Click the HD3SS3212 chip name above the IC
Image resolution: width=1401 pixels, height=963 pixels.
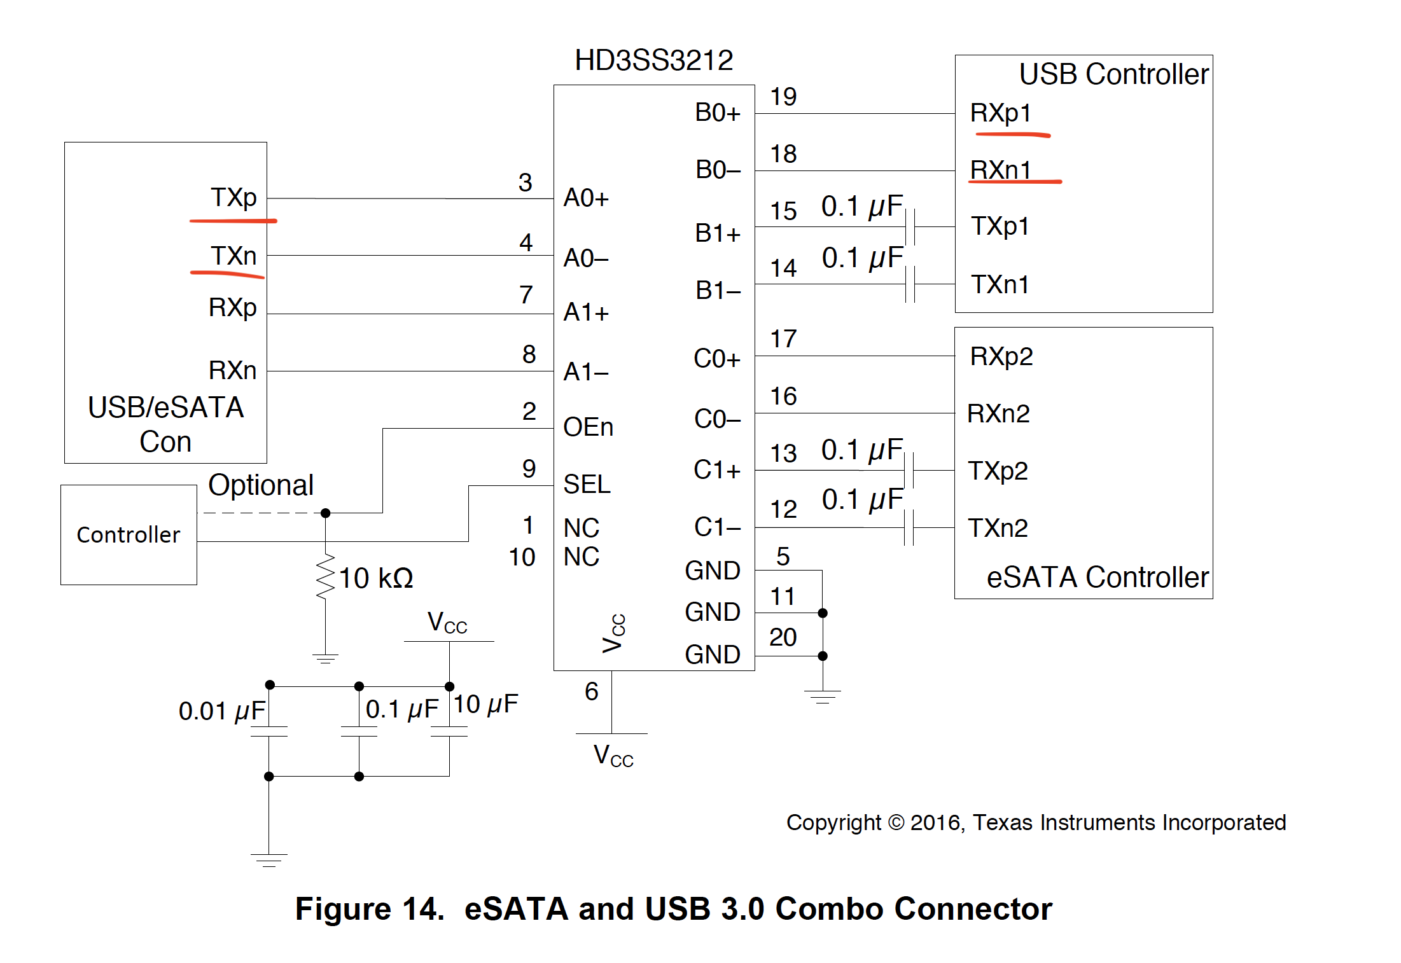(653, 60)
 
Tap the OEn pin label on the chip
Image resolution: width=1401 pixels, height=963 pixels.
(588, 427)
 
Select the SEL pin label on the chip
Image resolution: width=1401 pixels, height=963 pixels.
(587, 485)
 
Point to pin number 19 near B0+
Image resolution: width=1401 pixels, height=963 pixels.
(783, 97)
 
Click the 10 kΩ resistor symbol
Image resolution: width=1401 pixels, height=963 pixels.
(325, 576)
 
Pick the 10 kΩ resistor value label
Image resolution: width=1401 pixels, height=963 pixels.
(376, 578)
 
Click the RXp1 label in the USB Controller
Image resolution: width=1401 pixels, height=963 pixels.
(1000, 113)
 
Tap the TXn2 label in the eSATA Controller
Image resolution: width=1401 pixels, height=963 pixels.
(998, 528)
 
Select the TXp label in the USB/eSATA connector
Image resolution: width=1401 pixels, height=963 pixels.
(233, 197)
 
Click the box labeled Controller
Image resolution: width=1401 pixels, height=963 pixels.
(129, 535)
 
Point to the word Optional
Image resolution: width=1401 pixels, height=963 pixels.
(261, 485)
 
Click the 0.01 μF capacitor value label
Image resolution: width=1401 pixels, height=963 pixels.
(221, 711)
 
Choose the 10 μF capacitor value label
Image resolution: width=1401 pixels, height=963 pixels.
(485, 704)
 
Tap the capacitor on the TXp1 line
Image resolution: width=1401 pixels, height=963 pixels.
(910, 226)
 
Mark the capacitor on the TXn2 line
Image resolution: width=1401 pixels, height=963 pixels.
(909, 528)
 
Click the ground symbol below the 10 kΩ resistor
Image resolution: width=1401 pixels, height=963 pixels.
(325, 658)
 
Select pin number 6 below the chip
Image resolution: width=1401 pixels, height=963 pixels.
(592, 691)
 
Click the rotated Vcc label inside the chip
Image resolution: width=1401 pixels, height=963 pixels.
(614, 633)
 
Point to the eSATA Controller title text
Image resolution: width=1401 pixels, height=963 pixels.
(1098, 578)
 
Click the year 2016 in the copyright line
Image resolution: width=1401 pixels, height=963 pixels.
(935, 822)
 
